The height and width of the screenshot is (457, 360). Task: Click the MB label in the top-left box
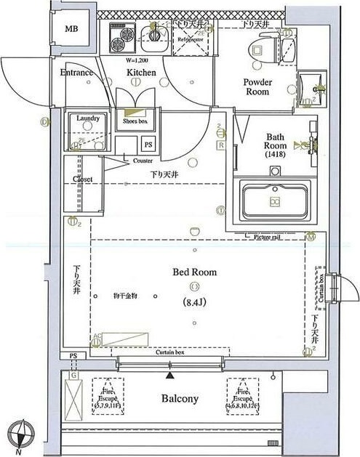[71, 29]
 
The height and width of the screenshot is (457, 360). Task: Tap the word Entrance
[76, 73]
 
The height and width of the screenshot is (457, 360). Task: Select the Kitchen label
[141, 73]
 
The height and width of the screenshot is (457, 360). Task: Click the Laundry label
[87, 117]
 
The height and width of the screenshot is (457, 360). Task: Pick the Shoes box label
[135, 121]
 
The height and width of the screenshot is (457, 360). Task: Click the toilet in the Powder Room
[259, 49]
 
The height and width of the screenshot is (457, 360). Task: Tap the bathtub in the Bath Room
[275, 200]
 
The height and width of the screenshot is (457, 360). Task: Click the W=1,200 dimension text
[137, 60]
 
